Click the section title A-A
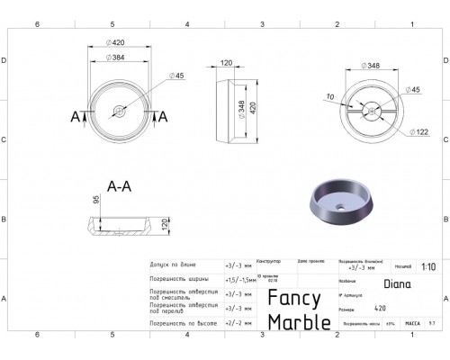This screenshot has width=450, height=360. tap(121, 188)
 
